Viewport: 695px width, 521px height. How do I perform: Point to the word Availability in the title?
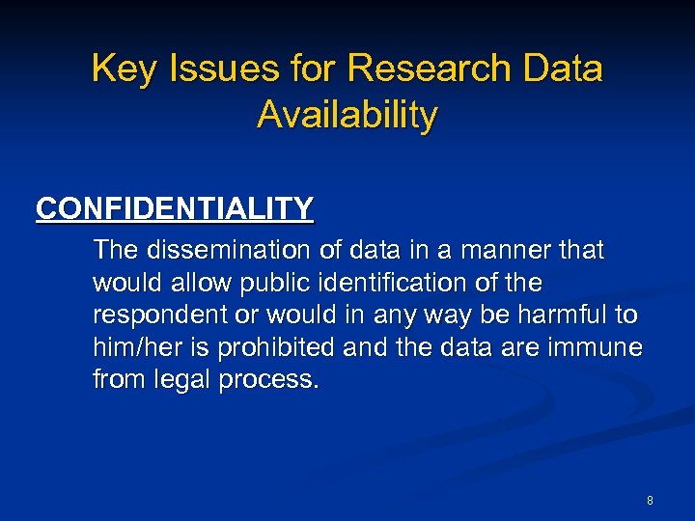coord(347,115)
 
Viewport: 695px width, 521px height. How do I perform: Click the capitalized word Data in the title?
coord(562,69)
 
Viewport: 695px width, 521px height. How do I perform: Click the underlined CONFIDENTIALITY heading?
coord(175,208)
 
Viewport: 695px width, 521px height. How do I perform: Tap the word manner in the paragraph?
coord(506,251)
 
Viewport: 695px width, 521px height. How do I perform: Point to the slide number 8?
coord(650,501)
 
